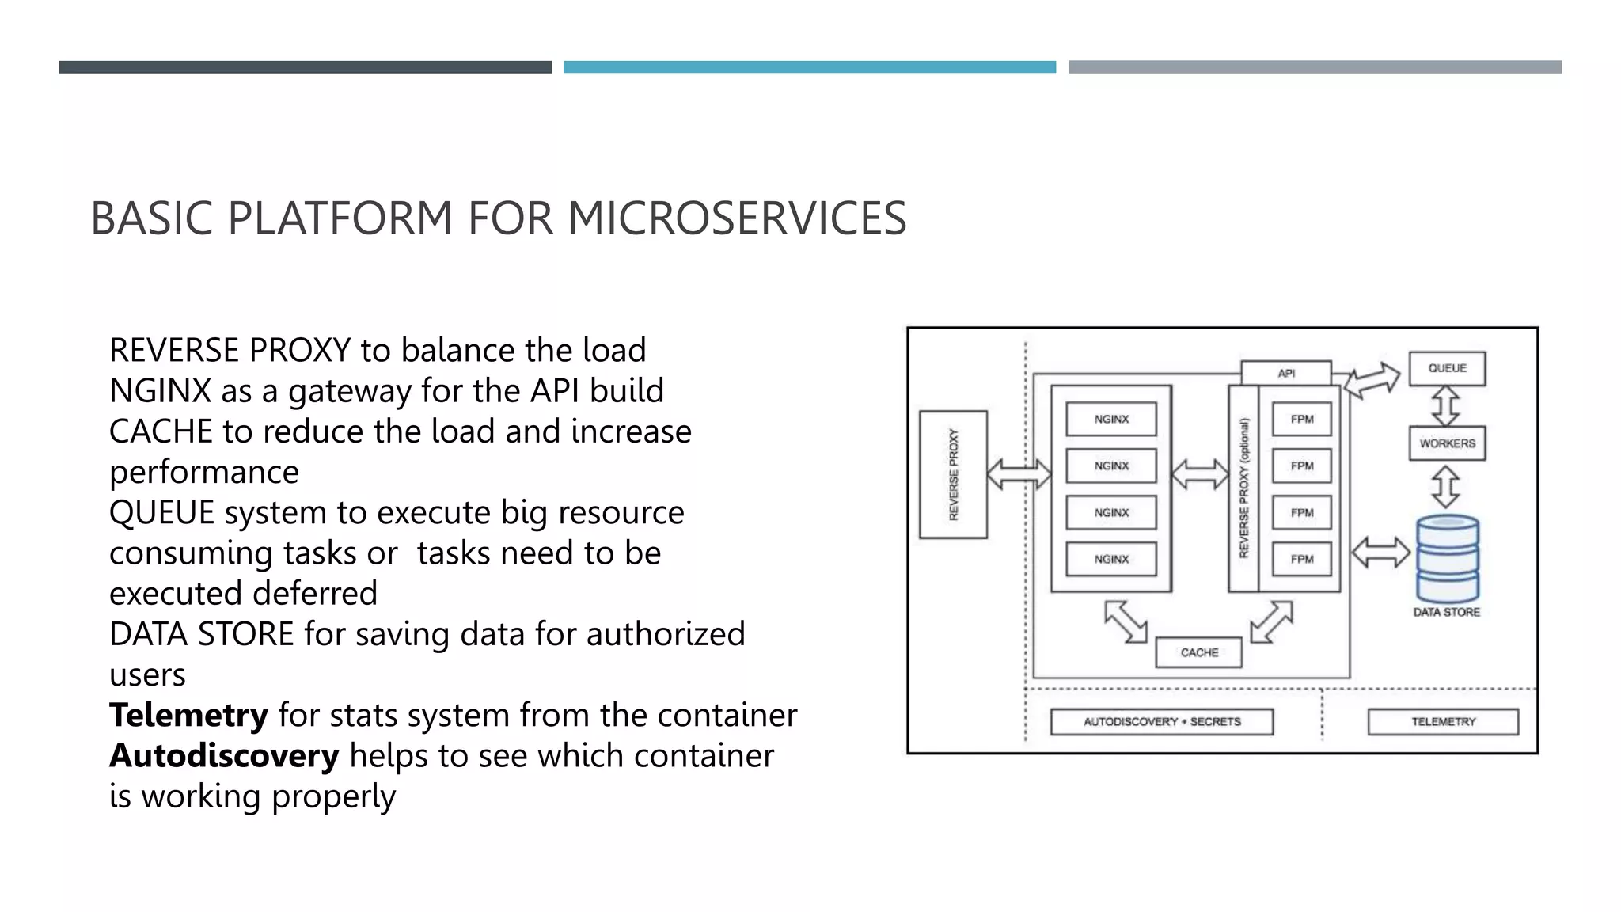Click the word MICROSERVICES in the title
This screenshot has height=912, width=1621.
pyautogui.click(x=737, y=218)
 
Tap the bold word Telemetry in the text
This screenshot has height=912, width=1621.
pyautogui.click(x=188, y=715)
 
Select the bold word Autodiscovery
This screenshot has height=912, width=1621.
pyautogui.click(x=224, y=755)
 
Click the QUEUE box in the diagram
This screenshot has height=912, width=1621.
pyautogui.click(x=1447, y=368)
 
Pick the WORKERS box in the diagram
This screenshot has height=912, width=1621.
pyautogui.click(x=1447, y=443)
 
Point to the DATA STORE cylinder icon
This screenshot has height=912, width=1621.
pyautogui.click(x=1448, y=558)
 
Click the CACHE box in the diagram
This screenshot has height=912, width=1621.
pyautogui.click(x=1198, y=652)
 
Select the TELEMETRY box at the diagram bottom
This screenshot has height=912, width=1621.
pyautogui.click(x=1443, y=721)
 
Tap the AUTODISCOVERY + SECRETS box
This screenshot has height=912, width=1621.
pyautogui.click(x=1161, y=721)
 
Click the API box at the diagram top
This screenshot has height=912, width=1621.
pyautogui.click(x=1286, y=373)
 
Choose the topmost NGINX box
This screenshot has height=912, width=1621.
pyautogui.click(x=1111, y=419)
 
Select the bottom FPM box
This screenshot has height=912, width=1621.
pyautogui.click(x=1301, y=559)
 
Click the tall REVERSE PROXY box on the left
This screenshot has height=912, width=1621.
pyautogui.click(x=953, y=474)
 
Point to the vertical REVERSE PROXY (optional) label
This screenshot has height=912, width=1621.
pyautogui.click(x=1243, y=488)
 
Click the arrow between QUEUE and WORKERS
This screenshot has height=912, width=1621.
pyautogui.click(x=1446, y=406)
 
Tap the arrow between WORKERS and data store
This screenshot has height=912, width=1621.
pyautogui.click(x=1446, y=486)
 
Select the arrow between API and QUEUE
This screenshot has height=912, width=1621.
pyautogui.click(x=1372, y=381)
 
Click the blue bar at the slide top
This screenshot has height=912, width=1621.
pyautogui.click(x=809, y=67)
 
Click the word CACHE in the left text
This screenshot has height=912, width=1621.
pyautogui.click(x=161, y=431)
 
